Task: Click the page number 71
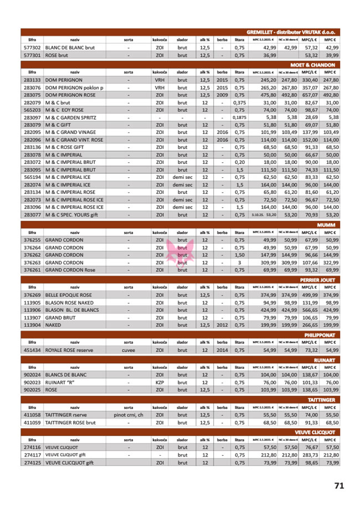[339, 485]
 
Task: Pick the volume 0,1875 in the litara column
[239, 118]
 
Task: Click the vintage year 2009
[222, 95]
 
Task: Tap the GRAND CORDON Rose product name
[70, 270]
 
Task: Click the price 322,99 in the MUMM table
[331, 263]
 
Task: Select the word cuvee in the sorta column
[128, 351]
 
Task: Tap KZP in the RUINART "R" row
[160, 382]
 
